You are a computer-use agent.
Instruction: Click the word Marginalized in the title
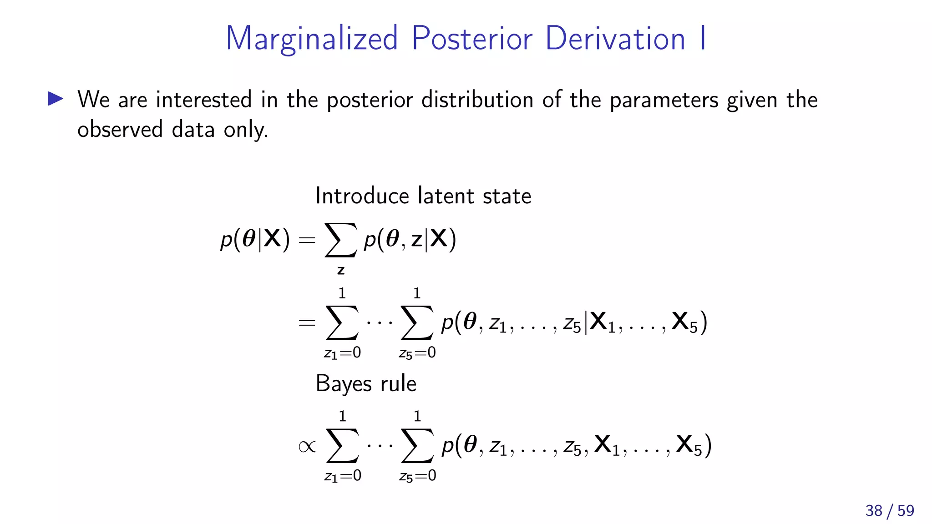tap(312, 39)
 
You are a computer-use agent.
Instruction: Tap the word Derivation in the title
tap(615, 39)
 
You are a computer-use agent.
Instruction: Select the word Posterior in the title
tap(472, 39)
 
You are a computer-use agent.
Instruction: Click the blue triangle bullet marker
tap(56, 99)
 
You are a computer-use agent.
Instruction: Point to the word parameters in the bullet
tap(664, 101)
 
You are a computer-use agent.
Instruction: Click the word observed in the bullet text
tap(120, 130)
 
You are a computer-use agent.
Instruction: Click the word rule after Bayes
tap(398, 383)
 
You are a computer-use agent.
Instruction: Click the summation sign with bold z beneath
tap(340, 240)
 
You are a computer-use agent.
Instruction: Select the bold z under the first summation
tap(341, 271)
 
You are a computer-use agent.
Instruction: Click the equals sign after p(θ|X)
tap(307, 240)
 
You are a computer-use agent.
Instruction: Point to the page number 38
tap(874, 511)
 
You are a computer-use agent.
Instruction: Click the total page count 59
tap(906, 511)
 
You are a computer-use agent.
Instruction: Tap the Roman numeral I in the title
tap(703, 39)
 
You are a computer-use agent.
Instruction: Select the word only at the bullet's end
tap(246, 130)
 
